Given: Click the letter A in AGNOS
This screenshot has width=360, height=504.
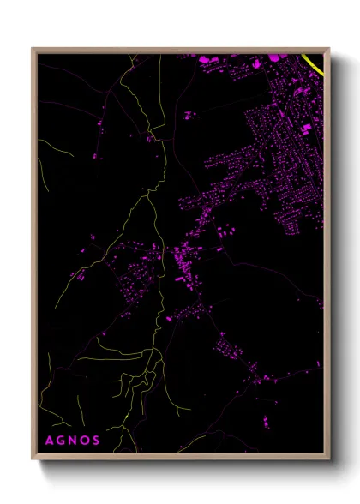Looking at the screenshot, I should [x=48, y=441].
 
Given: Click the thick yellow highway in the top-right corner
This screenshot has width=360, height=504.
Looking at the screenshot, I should [x=314, y=64].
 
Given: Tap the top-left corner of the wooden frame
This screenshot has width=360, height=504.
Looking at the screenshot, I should [x=33, y=49].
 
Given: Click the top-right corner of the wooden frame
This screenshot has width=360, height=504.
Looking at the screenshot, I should [x=328, y=49].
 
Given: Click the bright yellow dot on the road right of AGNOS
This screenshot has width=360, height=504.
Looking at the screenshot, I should [x=127, y=417].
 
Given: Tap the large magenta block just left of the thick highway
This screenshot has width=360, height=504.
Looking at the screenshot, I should [x=277, y=57].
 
